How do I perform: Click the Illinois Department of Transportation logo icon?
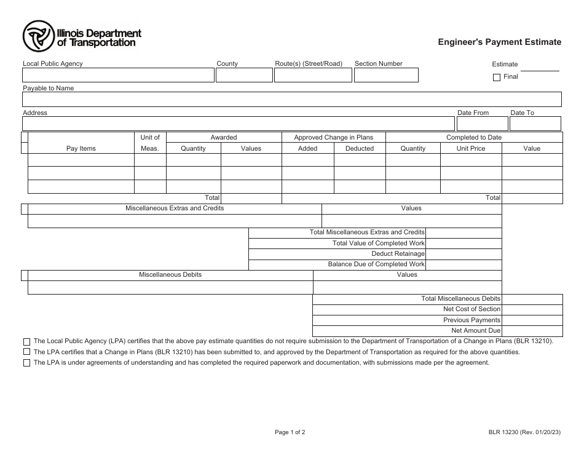(x=39, y=36)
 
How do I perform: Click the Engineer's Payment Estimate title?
(x=499, y=42)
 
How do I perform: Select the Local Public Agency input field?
(x=118, y=75)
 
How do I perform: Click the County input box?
(x=244, y=75)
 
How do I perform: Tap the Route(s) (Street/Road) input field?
(x=313, y=75)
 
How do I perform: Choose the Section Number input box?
(x=386, y=75)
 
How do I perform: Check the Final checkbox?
(x=497, y=77)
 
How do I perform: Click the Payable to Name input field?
(x=291, y=100)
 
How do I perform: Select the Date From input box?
(x=482, y=124)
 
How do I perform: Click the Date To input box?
(x=535, y=124)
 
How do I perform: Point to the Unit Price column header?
(x=471, y=148)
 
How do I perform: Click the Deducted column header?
(x=360, y=148)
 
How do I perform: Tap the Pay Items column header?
(x=81, y=148)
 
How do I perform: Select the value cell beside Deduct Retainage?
(x=463, y=253)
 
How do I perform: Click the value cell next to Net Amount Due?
(x=532, y=331)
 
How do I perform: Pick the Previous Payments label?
(x=472, y=320)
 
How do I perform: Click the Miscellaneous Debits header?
(x=170, y=274)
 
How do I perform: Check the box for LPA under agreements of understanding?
(x=26, y=363)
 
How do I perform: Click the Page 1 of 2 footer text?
(x=290, y=432)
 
